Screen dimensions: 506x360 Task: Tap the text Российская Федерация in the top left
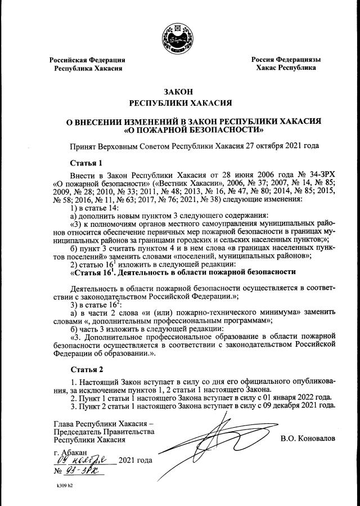tap(87, 59)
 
